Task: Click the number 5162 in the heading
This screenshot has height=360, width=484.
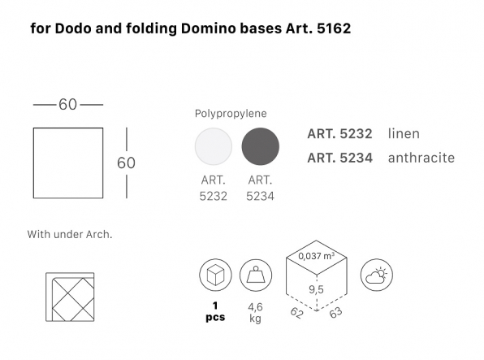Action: coord(334,28)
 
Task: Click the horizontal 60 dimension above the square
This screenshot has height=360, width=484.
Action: coord(68,105)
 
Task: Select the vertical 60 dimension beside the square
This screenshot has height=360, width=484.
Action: coord(126,163)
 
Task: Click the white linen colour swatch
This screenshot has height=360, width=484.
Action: coord(214,146)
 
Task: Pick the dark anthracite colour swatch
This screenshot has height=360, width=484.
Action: coord(260,146)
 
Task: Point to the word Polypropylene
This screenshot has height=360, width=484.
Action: coord(231,114)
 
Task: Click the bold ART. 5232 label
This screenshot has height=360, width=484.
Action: coord(339,134)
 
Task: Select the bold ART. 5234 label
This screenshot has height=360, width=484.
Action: coord(340,158)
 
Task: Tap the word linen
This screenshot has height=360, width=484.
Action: coord(404,134)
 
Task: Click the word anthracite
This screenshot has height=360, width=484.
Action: coord(421,158)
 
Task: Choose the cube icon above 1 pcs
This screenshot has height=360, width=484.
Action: coord(215,275)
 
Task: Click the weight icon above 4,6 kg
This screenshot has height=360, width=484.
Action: coord(256,275)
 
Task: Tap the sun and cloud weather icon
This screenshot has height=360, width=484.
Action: coord(377,275)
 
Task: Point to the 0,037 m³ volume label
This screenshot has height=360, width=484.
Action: coord(317,256)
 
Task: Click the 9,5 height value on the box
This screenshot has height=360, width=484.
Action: coord(317,289)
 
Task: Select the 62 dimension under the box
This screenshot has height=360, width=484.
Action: coord(297,313)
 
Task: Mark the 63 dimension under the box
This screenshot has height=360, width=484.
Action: coord(336,313)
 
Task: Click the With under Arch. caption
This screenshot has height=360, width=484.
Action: coord(70,234)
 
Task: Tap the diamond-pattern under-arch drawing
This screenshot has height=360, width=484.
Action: coord(70,297)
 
